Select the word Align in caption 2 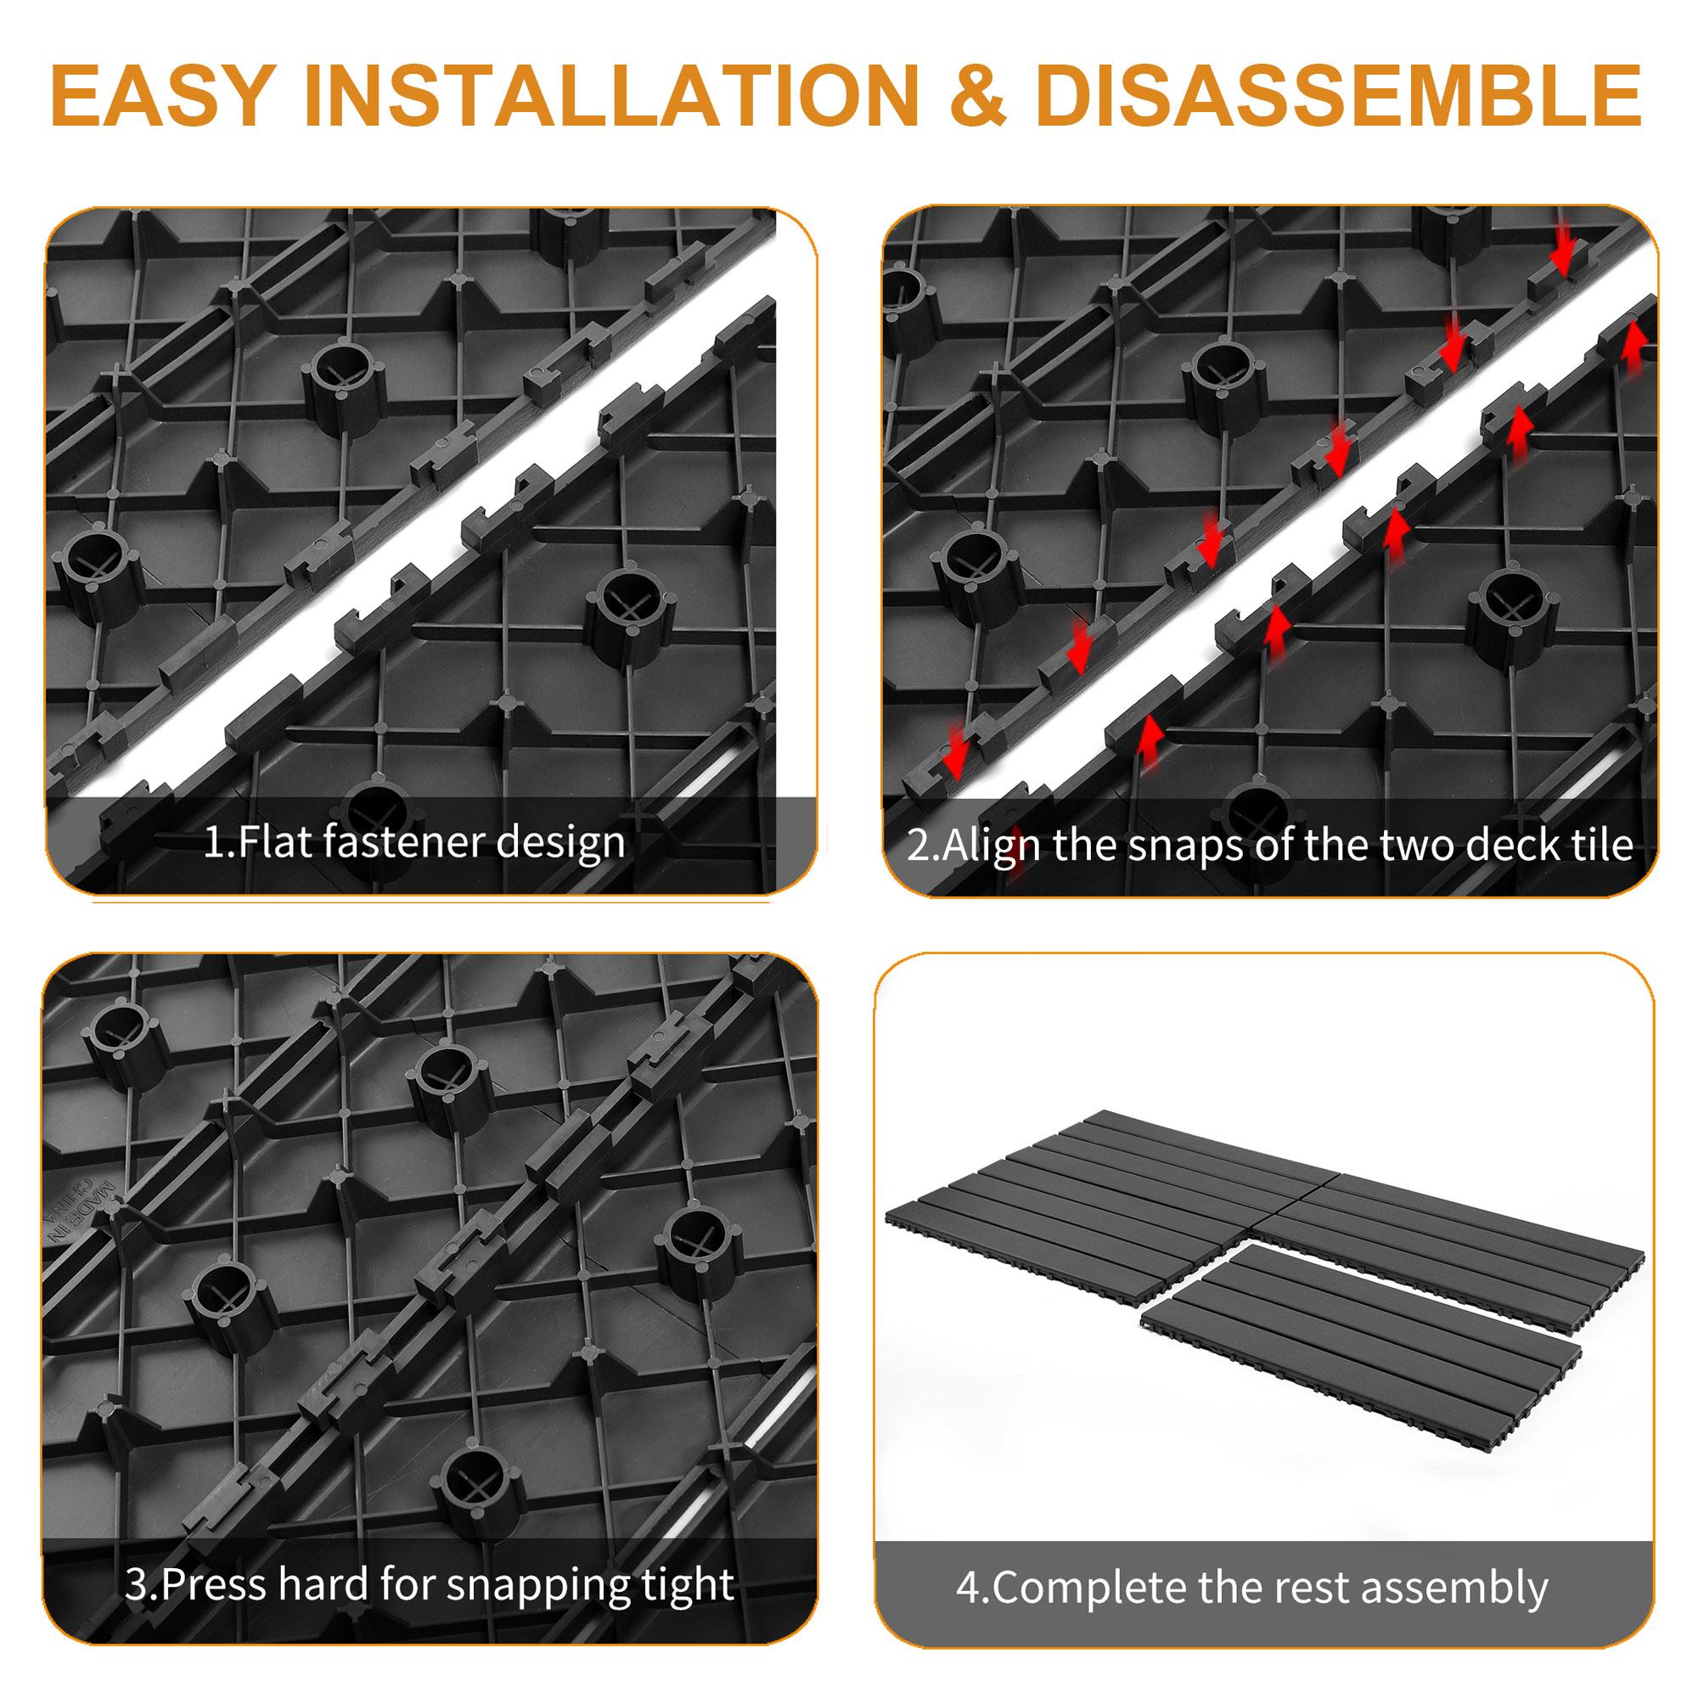pos(992,845)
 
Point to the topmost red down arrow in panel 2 pos(1562,254)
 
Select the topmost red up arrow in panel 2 pos(1633,346)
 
